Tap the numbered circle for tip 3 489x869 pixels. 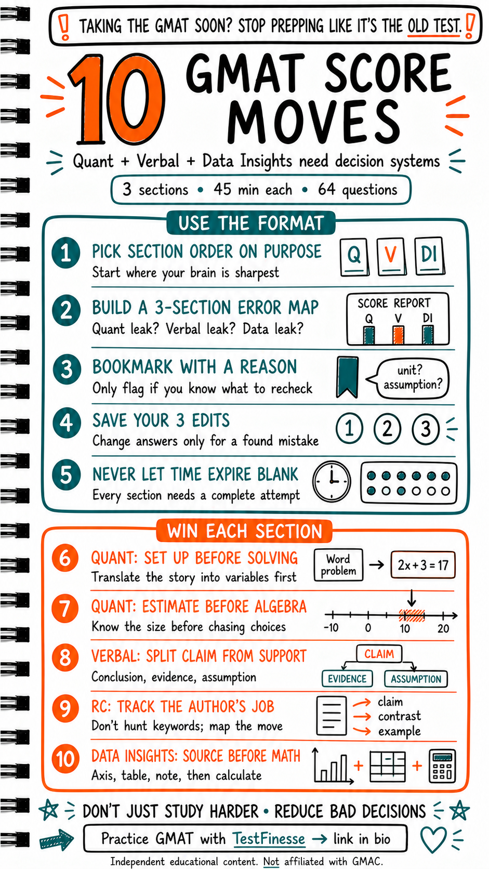click(x=67, y=368)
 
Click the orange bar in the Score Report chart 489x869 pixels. click(x=398, y=335)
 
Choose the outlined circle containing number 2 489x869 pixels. click(x=387, y=429)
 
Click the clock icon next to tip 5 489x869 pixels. click(x=332, y=481)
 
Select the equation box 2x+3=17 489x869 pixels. click(x=422, y=565)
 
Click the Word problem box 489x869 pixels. click(x=338, y=565)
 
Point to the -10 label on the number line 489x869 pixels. click(x=331, y=628)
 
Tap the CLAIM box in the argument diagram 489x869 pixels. click(x=379, y=654)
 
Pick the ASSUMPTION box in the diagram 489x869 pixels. click(x=416, y=679)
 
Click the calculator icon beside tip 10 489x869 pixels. click(x=442, y=766)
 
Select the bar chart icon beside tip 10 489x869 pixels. click(x=333, y=766)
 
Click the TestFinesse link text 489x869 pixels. click(x=269, y=838)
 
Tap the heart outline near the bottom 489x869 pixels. click(x=433, y=839)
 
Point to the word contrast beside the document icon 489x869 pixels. click(x=400, y=716)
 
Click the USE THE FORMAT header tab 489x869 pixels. click(x=251, y=223)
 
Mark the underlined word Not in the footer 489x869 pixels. click(x=271, y=861)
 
